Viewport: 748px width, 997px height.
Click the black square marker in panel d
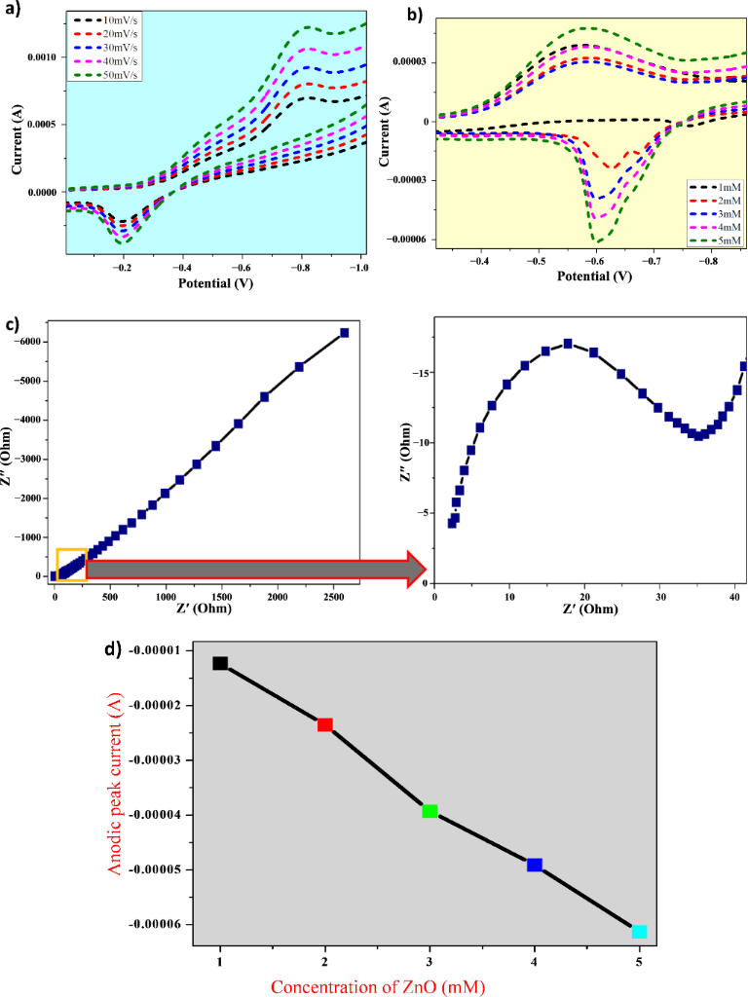(220, 663)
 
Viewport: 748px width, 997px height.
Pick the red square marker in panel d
(325, 724)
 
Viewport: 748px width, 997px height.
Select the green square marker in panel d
(430, 811)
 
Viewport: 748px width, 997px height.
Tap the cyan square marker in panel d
(639, 932)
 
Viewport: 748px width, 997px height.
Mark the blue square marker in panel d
(534, 865)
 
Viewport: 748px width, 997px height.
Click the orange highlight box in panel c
(71, 566)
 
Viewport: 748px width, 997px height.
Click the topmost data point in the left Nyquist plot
(344, 332)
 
